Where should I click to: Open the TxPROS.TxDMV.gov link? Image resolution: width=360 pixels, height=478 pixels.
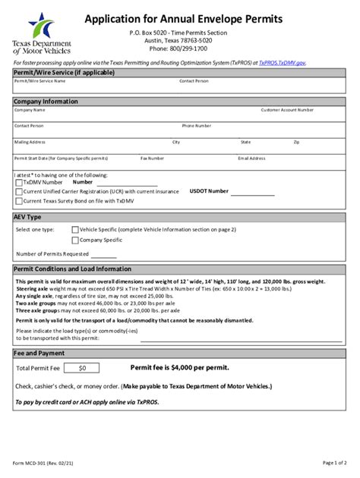point(282,62)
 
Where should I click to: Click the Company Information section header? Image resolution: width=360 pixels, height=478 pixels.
point(46,101)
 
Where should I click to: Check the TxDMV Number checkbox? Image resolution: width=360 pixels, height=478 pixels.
point(18,182)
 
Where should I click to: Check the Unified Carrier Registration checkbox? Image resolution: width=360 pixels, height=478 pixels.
point(18,192)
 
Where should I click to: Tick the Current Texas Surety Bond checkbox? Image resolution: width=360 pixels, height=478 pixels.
point(18,201)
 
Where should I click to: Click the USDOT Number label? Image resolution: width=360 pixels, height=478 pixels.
point(209,191)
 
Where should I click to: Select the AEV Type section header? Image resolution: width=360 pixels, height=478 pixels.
point(27,217)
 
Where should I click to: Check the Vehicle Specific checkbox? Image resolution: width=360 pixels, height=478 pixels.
point(74,229)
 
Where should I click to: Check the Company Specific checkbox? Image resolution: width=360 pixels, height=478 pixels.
point(74,240)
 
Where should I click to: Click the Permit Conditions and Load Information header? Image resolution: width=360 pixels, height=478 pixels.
point(73,269)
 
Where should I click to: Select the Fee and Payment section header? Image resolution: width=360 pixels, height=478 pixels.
point(39,353)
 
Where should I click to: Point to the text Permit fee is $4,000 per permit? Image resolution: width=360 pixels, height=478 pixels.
point(180,367)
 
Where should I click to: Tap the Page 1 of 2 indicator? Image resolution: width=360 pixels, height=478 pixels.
point(334,462)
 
